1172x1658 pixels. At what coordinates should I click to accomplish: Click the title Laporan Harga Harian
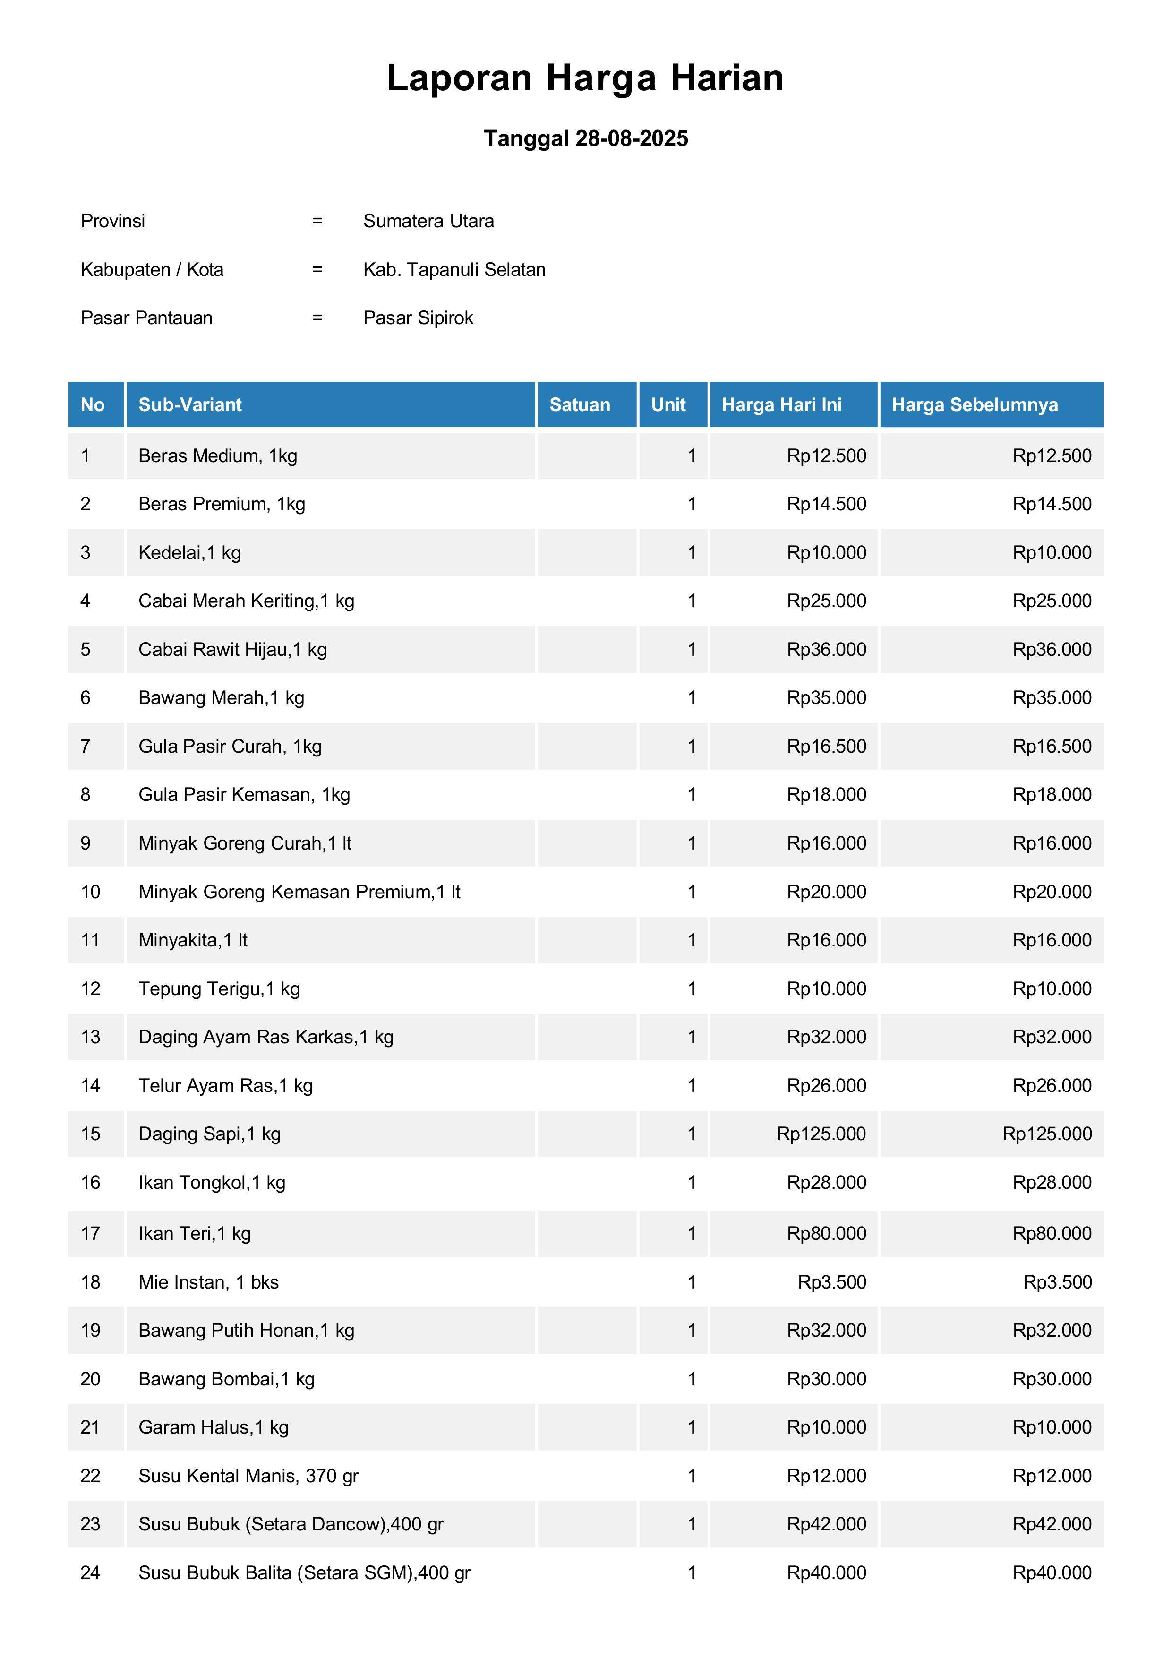tap(585, 78)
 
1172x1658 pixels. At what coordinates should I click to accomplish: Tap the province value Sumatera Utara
tap(428, 221)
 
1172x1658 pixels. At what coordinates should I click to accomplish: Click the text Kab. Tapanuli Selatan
tap(454, 269)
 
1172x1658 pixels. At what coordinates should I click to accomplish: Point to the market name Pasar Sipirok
tap(418, 318)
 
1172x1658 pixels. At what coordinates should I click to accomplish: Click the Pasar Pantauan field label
tap(146, 318)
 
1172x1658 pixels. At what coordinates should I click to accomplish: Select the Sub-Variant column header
tap(190, 404)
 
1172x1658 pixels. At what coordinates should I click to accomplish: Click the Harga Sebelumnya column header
tap(975, 404)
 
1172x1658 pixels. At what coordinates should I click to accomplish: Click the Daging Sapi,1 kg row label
tap(209, 1134)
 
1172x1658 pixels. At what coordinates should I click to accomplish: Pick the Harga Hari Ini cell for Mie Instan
tap(832, 1282)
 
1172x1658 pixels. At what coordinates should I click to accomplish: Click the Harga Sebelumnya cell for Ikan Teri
tap(1052, 1233)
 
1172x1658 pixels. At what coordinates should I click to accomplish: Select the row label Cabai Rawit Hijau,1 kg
tap(232, 649)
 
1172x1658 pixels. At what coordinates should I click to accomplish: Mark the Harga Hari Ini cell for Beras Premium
tap(826, 504)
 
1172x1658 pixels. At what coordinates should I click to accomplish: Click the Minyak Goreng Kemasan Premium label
tap(299, 892)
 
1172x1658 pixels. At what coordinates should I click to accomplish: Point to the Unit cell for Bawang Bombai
tap(691, 1379)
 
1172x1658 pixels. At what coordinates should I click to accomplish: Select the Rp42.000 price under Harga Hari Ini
tap(826, 1524)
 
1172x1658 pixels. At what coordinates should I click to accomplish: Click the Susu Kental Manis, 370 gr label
tap(248, 1475)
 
